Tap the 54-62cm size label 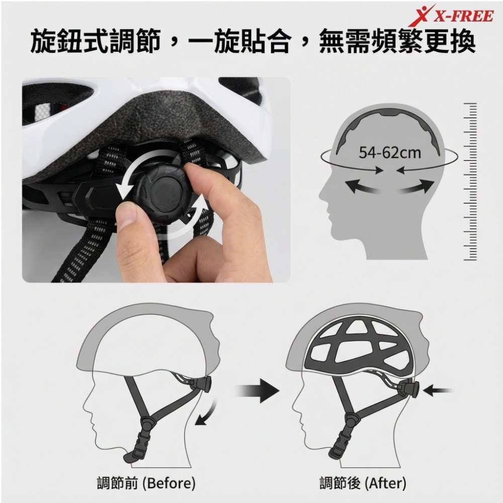click(390, 152)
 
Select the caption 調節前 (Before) click(146, 483)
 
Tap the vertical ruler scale click(470, 181)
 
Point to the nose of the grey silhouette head click(322, 207)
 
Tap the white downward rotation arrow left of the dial click(124, 184)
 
